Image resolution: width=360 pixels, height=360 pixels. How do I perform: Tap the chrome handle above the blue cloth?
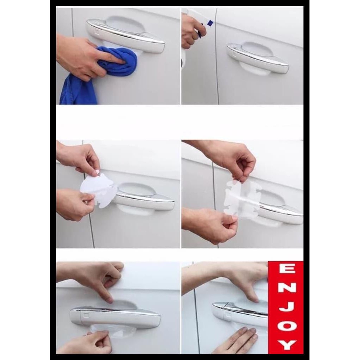(x=125, y=35)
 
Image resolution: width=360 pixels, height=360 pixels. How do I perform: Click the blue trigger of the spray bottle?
(x=210, y=23)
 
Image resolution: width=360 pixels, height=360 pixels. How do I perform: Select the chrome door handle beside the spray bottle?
(x=258, y=59)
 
